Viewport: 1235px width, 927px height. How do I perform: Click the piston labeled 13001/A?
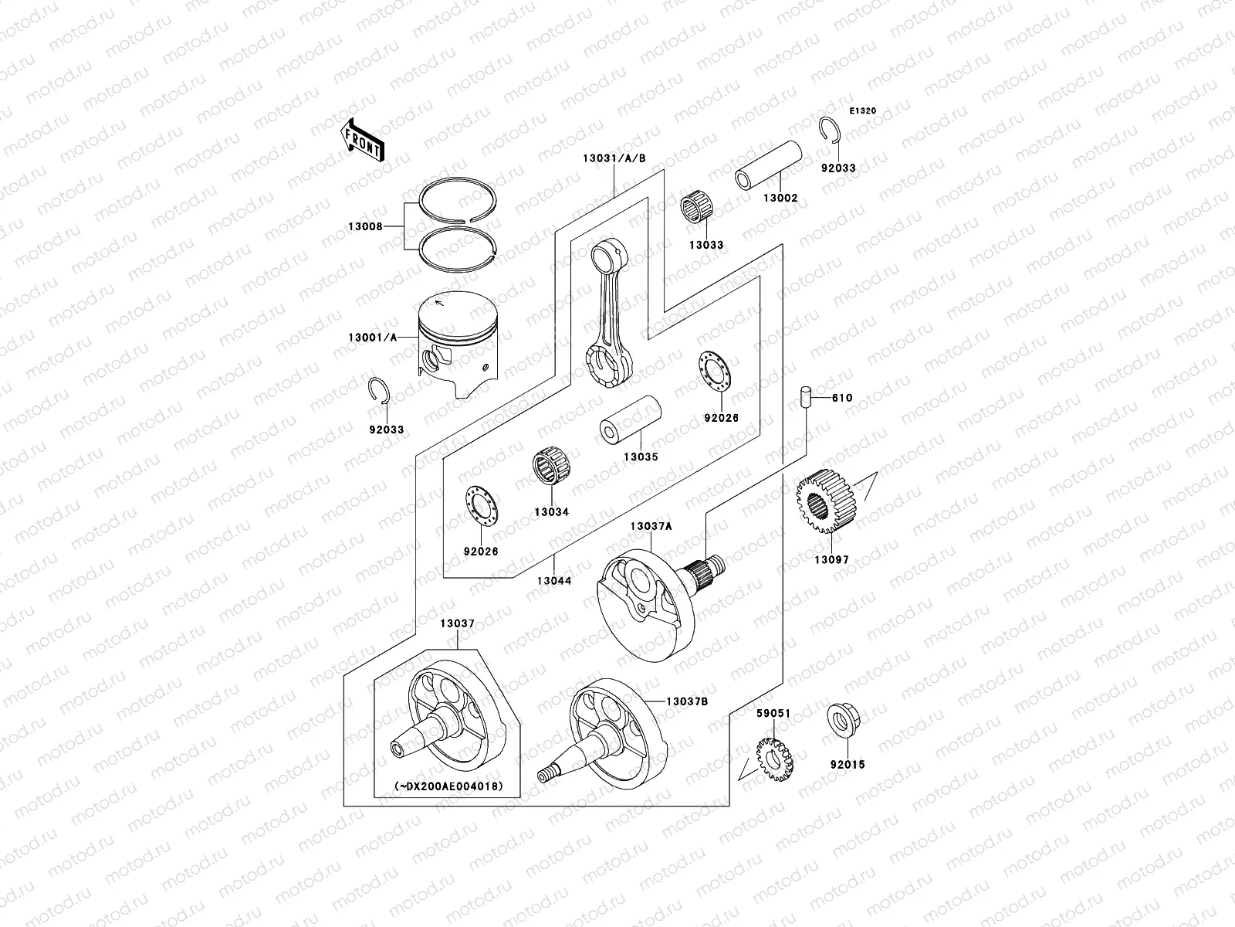(x=457, y=344)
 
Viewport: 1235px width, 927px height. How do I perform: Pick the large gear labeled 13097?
(x=824, y=510)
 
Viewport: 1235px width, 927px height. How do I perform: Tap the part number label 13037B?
(x=688, y=701)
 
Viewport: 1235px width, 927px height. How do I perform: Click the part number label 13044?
(x=555, y=580)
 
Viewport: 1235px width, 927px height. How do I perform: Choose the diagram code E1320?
(x=863, y=111)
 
